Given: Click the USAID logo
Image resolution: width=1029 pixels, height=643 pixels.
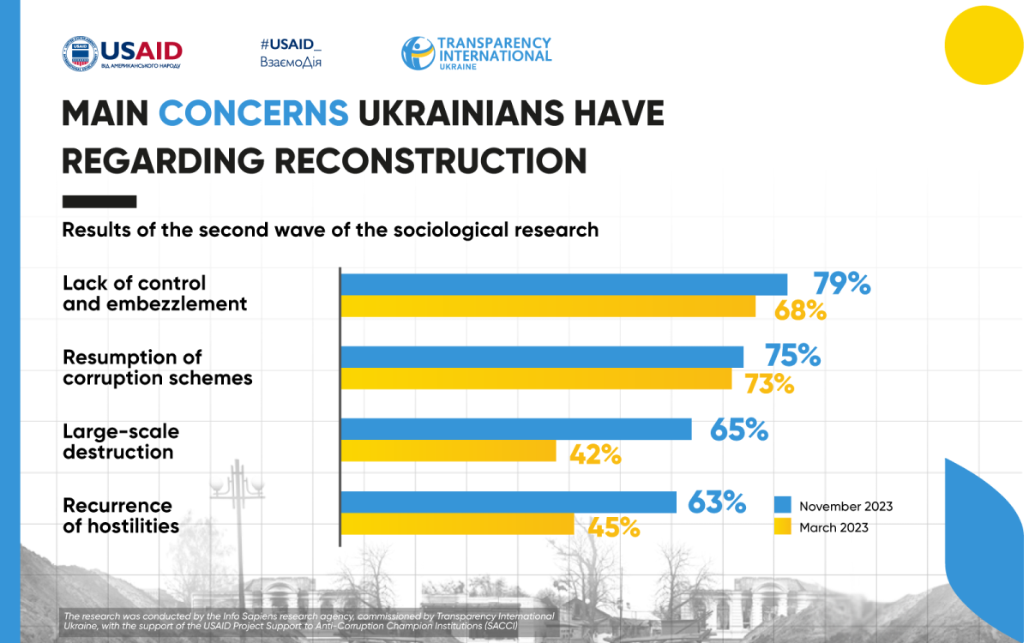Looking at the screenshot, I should point(122,53).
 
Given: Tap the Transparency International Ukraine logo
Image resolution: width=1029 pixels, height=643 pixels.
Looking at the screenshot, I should point(477,53).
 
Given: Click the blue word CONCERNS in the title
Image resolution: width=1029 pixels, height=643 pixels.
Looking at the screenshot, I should point(254,114).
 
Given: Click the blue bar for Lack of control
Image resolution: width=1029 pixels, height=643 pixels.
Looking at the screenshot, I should point(564,285).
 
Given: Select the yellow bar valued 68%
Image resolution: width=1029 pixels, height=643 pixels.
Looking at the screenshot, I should point(549,307).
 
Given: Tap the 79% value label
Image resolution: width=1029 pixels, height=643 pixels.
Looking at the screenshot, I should point(841,284).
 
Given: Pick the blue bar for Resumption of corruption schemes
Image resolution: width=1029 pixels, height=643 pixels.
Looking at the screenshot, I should point(542,357).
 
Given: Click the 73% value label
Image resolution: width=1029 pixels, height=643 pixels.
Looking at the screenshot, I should point(768,383).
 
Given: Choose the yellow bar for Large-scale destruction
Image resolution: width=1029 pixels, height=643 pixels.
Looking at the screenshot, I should point(449,451).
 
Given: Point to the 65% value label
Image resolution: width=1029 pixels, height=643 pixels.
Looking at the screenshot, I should point(738,429).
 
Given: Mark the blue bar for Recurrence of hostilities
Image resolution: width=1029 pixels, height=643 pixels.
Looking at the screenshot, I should point(509,502).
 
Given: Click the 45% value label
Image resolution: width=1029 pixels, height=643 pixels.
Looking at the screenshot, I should point(614,527).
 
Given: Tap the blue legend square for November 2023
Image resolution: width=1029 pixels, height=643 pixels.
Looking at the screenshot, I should point(782,505).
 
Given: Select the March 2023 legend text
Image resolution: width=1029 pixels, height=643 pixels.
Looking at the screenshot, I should point(833,527).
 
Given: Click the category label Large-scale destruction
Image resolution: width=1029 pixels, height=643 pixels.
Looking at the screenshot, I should point(121,441).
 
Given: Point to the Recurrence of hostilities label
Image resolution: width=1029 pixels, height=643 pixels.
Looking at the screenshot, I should point(121,515).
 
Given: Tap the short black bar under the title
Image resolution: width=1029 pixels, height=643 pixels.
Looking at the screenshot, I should point(99,201).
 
